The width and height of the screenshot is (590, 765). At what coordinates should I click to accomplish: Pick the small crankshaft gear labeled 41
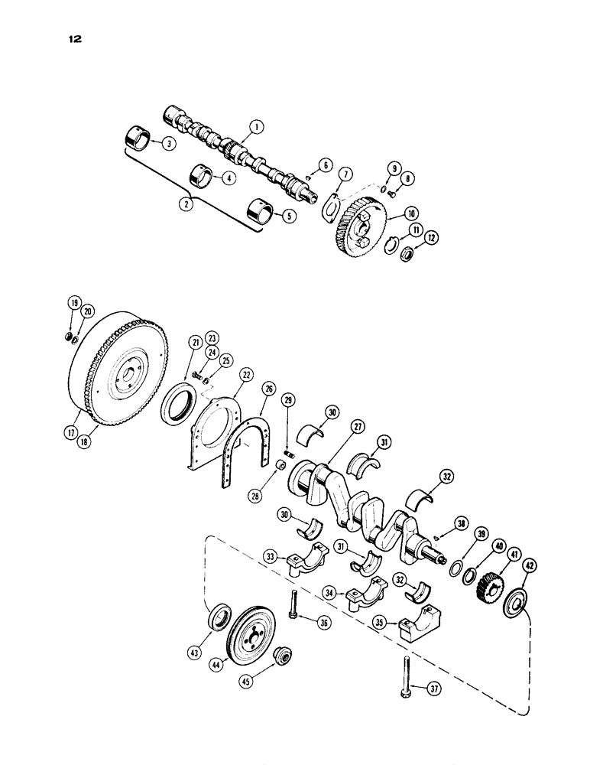pos(486,588)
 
